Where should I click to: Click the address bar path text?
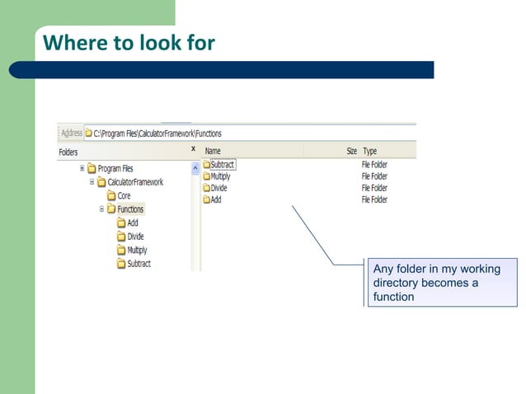157,134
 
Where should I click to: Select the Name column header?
213,152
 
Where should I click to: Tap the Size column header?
351,152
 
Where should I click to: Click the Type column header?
370,152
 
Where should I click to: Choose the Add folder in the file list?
215,199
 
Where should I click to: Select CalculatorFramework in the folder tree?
135,182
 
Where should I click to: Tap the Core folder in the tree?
124,196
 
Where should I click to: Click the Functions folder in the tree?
129,209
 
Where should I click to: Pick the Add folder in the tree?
132,223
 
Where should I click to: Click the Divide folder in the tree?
135,237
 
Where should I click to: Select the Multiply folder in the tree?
137,250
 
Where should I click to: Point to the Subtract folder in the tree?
139,264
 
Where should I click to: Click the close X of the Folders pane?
193,149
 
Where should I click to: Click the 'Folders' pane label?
68,152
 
